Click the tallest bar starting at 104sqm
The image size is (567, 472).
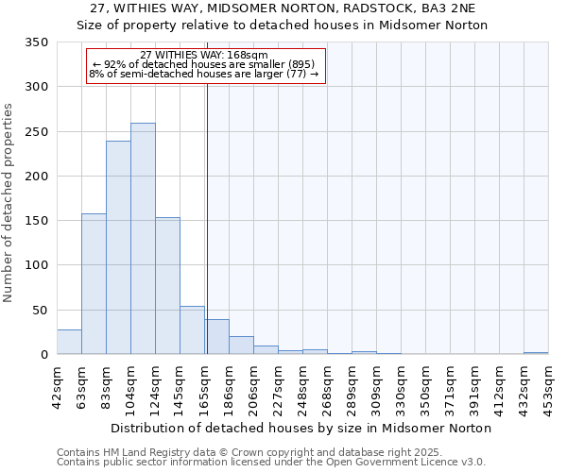tap(143, 239)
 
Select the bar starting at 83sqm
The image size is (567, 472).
tap(118, 247)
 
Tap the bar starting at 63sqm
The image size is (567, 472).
tap(94, 284)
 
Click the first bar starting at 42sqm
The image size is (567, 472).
tap(69, 342)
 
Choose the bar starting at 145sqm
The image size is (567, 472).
tap(192, 330)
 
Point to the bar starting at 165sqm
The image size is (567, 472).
tap(216, 337)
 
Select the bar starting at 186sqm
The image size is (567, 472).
tap(241, 346)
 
